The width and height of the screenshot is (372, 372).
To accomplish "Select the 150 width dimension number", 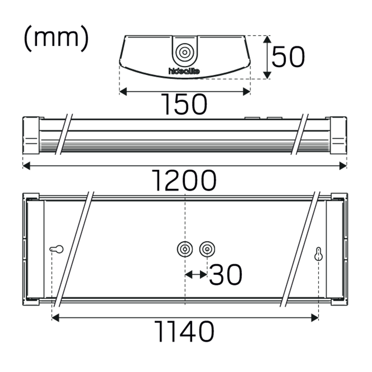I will click(185, 104).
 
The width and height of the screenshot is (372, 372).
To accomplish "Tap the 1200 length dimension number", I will click(185, 180).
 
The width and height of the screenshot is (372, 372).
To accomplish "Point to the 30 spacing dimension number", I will click(225, 275).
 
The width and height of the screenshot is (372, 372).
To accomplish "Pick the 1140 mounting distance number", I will click(185, 332).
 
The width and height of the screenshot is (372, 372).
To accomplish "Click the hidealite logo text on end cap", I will click(184, 71).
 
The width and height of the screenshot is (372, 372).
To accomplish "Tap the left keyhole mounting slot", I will click(57, 249).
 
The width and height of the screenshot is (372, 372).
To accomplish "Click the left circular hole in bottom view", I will click(185, 248).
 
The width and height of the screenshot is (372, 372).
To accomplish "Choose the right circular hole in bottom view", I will click(207, 248).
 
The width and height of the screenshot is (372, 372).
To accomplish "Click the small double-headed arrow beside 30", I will click(196, 275).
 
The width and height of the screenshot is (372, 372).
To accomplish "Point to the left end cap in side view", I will click(31, 135).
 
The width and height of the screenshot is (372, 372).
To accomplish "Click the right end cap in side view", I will click(339, 135).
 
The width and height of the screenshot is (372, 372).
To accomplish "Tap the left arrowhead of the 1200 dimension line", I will click(26, 166).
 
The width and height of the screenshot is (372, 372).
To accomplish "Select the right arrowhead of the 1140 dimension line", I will click(315, 317).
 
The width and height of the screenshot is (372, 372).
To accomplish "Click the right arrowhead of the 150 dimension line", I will click(247, 92).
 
